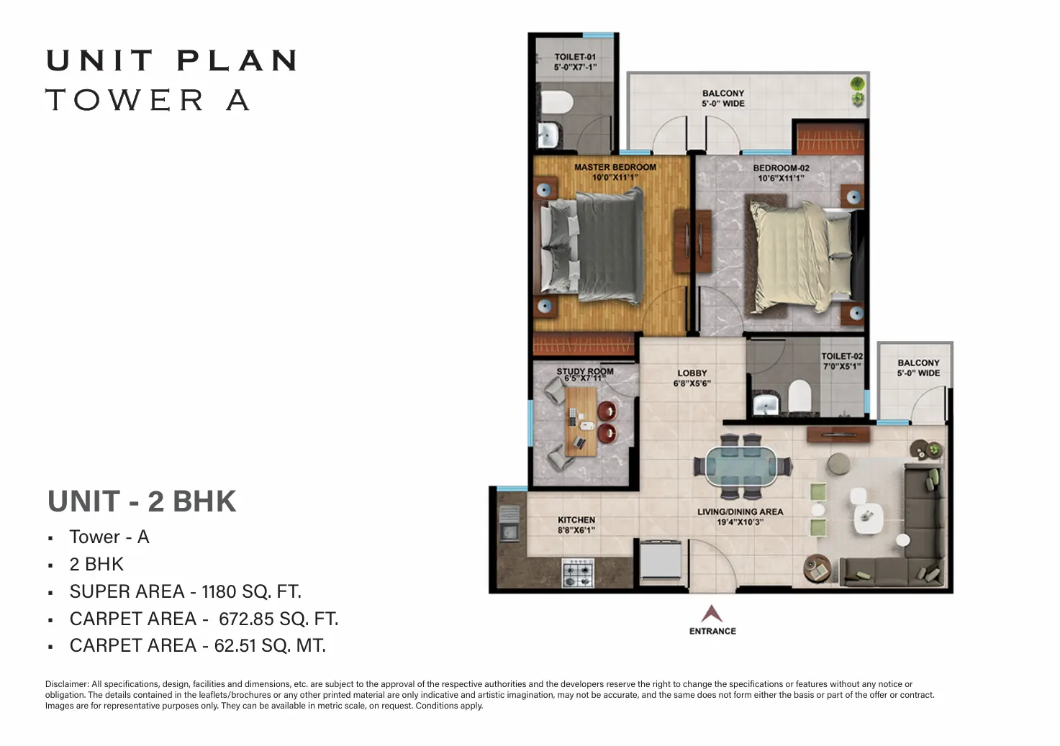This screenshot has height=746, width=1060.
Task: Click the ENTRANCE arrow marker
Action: tap(712, 614)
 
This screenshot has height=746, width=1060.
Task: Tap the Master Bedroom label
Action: tap(615, 167)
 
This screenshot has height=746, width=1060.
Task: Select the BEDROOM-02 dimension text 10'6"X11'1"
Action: tap(782, 178)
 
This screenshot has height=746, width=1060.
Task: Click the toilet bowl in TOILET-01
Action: tap(556, 101)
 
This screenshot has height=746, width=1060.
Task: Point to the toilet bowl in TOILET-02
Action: tap(799, 395)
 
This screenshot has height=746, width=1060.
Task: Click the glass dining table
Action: tap(741, 466)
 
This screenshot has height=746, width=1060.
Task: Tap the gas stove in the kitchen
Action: tap(578, 573)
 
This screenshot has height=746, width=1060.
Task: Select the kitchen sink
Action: tap(509, 524)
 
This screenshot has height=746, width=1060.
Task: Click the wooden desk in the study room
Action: tap(581, 422)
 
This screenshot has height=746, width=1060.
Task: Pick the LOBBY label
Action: tap(692, 373)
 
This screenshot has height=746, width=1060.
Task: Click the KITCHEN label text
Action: tap(576, 520)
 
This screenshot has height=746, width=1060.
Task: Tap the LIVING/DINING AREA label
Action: tap(740, 511)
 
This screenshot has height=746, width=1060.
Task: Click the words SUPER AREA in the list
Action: tap(127, 592)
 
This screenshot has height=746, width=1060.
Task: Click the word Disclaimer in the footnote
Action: tap(67, 684)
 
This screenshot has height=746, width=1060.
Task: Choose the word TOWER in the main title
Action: tap(125, 100)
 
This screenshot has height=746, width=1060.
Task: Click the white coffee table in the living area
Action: tap(868, 518)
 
